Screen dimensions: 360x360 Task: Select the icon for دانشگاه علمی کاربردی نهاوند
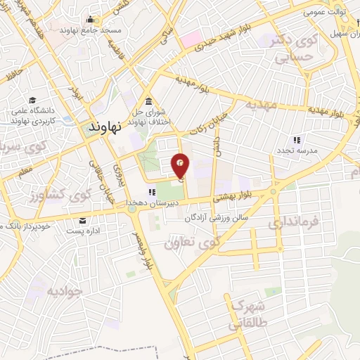(33, 101)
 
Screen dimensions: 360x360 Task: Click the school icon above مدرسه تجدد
(296, 139)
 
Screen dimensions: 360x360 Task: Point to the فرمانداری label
(293, 223)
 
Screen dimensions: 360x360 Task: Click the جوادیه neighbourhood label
(65, 290)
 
